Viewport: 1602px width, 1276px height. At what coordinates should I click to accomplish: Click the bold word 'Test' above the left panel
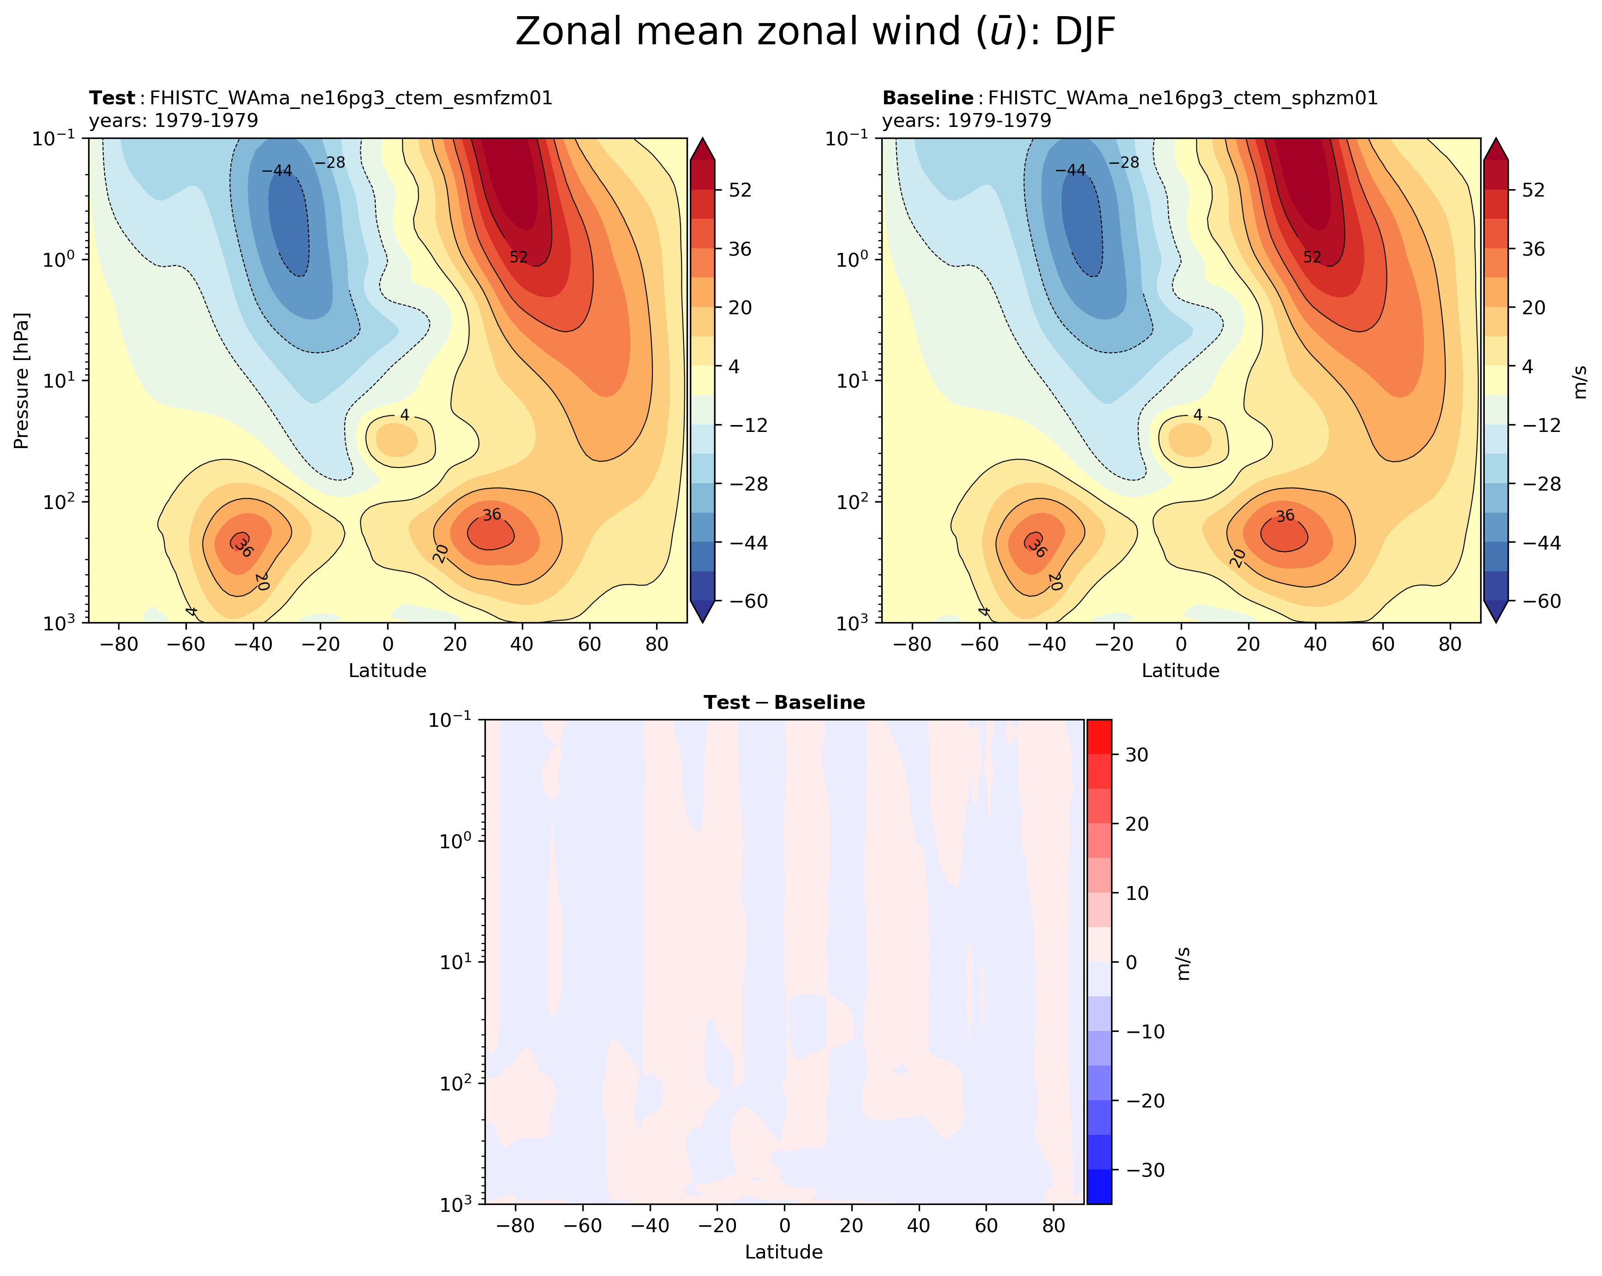coord(112,98)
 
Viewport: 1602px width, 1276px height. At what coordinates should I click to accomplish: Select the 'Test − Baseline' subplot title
coord(784,702)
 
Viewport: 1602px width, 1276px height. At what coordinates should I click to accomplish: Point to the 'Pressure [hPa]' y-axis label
coord(22,381)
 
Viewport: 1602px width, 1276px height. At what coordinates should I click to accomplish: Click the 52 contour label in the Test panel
coord(519,257)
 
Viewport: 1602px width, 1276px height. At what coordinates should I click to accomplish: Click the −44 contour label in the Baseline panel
coord(1070,170)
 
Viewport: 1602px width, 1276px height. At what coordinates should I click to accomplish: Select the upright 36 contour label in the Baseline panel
coord(1285,515)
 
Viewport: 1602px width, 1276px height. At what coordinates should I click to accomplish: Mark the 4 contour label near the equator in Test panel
coord(404,415)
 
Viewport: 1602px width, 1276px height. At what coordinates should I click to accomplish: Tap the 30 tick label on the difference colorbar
coord(1137,755)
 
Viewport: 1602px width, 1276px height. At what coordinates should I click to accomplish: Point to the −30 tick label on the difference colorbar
coord(1146,1170)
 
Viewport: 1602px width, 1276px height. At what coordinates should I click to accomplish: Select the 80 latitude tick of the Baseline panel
coord(1450,644)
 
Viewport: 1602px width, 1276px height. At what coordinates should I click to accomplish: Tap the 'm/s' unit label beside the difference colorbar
coord(1183,963)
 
